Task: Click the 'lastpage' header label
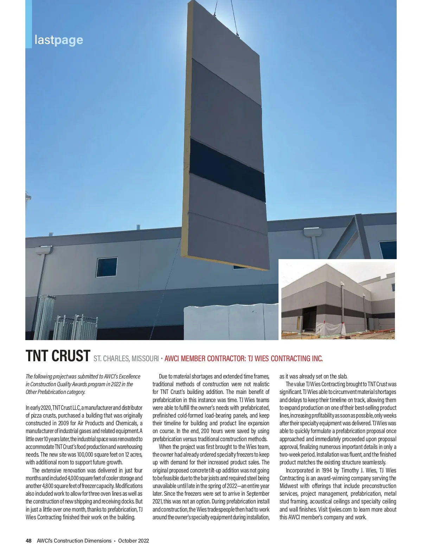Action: [59, 40]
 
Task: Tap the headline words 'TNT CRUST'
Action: [58, 356]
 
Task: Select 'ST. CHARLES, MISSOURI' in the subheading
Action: [126, 359]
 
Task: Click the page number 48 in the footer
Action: [28, 541]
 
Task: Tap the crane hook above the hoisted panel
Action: [237, 34]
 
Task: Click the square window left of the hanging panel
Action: [107, 267]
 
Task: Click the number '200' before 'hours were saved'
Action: [205, 431]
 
